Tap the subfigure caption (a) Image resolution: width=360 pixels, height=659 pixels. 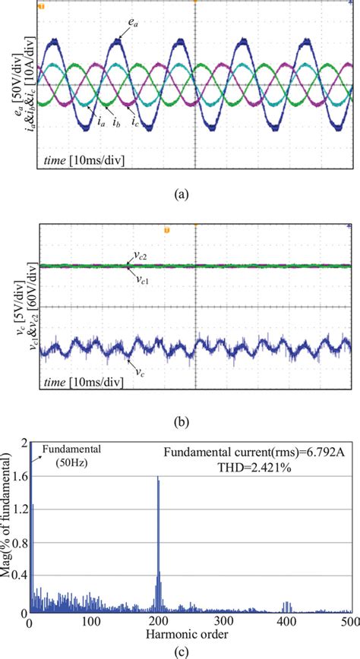tap(180, 194)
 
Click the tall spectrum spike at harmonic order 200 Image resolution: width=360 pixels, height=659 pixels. tap(158, 531)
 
